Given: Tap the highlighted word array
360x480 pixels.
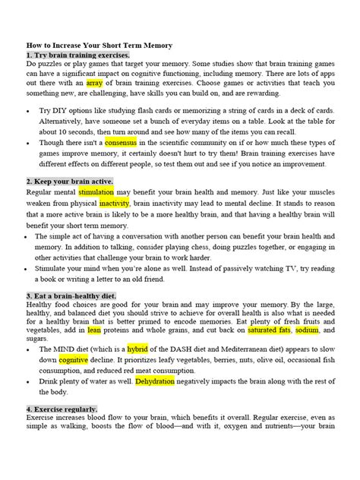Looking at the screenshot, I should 95,83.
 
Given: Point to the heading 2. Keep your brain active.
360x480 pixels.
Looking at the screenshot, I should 70,182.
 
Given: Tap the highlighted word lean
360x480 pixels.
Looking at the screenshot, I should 94,330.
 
